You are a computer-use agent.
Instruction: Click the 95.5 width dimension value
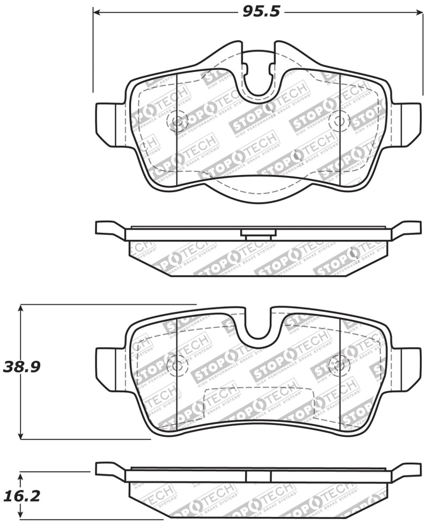click(261, 11)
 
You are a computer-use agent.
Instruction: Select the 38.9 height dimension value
click(22, 367)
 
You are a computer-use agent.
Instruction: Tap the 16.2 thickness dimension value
click(22, 496)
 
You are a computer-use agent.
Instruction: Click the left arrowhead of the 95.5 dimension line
click(97, 11)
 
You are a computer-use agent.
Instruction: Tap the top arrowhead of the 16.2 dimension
click(20, 476)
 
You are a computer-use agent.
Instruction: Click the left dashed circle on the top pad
click(177, 121)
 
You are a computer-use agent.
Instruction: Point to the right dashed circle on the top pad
click(339, 121)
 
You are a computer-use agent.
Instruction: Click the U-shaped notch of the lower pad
click(258, 324)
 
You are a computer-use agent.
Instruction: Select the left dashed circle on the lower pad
click(177, 366)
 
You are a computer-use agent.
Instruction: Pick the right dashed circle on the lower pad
click(339, 366)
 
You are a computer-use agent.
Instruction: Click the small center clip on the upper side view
click(258, 233)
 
